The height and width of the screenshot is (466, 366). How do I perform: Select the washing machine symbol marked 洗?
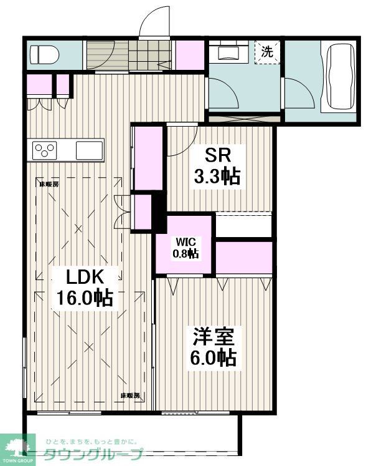267,52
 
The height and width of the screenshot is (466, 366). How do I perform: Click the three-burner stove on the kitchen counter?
45,150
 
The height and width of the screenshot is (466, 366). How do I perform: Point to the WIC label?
185,241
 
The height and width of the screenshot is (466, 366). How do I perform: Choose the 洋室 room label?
213,337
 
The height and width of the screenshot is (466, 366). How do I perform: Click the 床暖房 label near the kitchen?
49,183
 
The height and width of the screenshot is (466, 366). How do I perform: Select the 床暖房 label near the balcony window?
130,396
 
